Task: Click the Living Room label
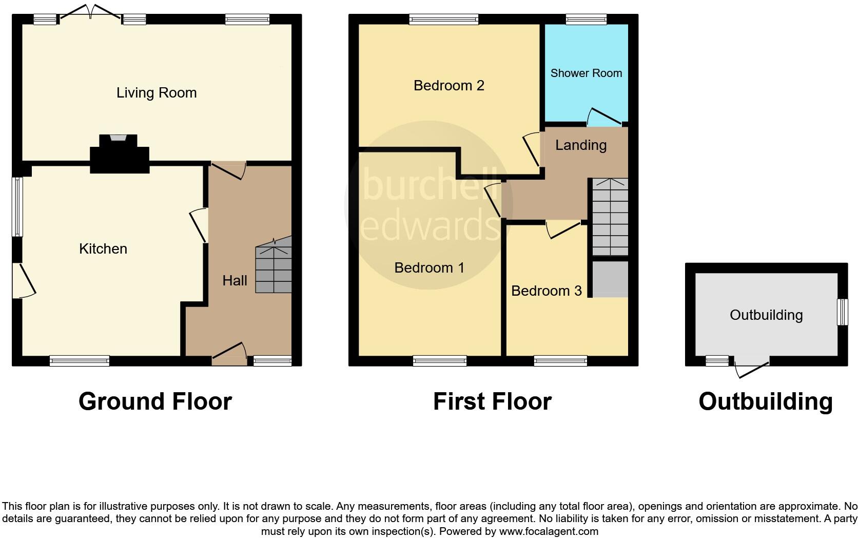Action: pos(157,93)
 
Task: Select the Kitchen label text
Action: pos(103,249)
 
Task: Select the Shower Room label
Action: pos(586,73)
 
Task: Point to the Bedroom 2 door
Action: pos(532,149)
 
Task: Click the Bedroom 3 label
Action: pos(546,291)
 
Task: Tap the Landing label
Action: pos(581,145)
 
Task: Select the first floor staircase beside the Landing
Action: pos(610,217)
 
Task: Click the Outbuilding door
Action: pos(752,369)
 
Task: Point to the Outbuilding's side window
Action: pos(842,312)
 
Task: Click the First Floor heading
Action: pos(492,401)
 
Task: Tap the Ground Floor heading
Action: pos(155,401)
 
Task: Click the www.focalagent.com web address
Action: pos(549,531)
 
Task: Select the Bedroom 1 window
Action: pos(440,361)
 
